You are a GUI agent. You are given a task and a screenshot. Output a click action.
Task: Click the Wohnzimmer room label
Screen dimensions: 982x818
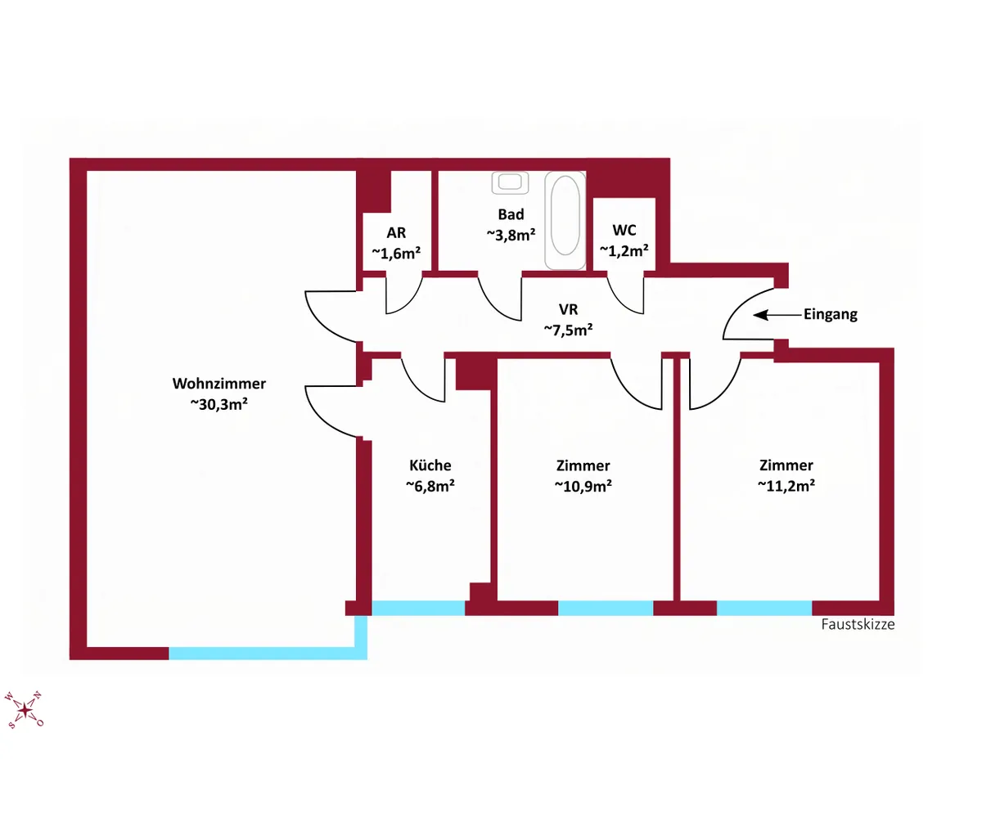pos(219,384)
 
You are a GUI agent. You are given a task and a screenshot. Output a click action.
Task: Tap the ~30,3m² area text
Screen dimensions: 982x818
pos(219,404)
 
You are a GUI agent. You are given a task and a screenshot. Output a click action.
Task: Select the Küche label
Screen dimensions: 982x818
pos(430,465)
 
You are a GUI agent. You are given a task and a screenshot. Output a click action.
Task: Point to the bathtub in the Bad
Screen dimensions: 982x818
pos(565,220)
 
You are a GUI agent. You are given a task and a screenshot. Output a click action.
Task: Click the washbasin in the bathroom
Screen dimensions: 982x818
pos(511,182)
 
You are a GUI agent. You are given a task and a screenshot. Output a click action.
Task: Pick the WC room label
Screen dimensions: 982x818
pos(624,231)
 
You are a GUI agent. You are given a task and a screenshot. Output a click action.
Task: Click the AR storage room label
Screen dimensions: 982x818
pos(396,232)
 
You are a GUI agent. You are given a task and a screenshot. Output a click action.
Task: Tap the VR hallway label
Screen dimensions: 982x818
pos(568,309)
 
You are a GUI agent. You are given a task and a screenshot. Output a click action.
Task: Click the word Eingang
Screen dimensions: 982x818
pos(830,314)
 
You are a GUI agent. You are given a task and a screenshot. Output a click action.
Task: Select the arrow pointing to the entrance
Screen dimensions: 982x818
pos(778,315)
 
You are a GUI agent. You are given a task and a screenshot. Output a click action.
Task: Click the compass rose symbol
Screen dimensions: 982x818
pos(24,710)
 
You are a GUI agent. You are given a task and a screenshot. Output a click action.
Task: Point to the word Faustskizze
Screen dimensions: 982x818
pos(858,624)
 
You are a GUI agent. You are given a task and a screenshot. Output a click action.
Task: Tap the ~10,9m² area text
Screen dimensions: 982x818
pos(583,486)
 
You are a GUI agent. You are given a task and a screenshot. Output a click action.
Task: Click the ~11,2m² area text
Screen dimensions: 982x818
pos(786,486)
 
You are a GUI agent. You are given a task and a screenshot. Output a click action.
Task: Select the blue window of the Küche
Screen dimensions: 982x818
pos(418,608)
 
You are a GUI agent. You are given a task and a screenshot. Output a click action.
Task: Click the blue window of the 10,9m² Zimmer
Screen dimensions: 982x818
pos(606,608)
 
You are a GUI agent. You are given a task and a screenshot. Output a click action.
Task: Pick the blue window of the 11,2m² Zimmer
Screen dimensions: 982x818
pos(764,608)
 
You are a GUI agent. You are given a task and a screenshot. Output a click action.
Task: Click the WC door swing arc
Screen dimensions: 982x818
pos(619,301)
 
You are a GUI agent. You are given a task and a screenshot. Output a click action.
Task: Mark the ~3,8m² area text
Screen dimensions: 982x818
pos(511,235)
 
